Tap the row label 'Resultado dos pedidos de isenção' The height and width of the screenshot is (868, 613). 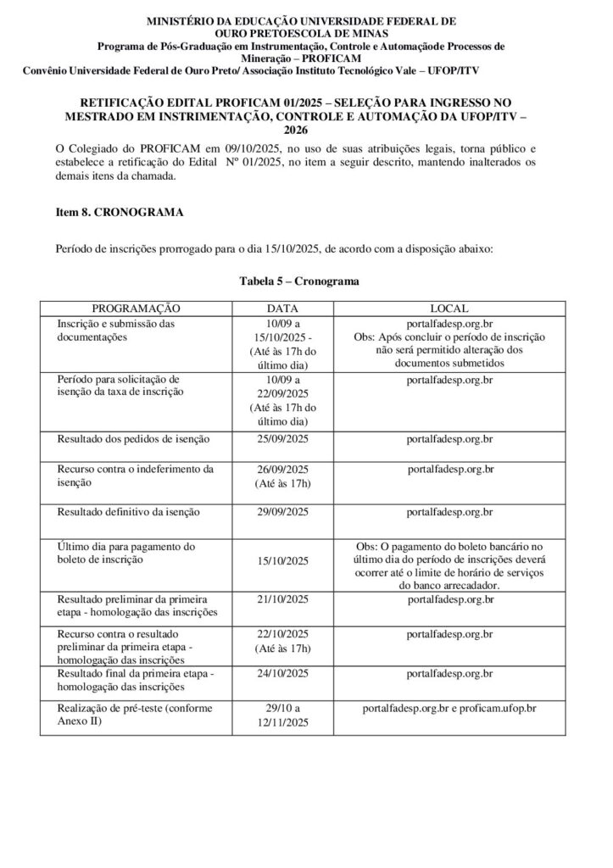(134, 439)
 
